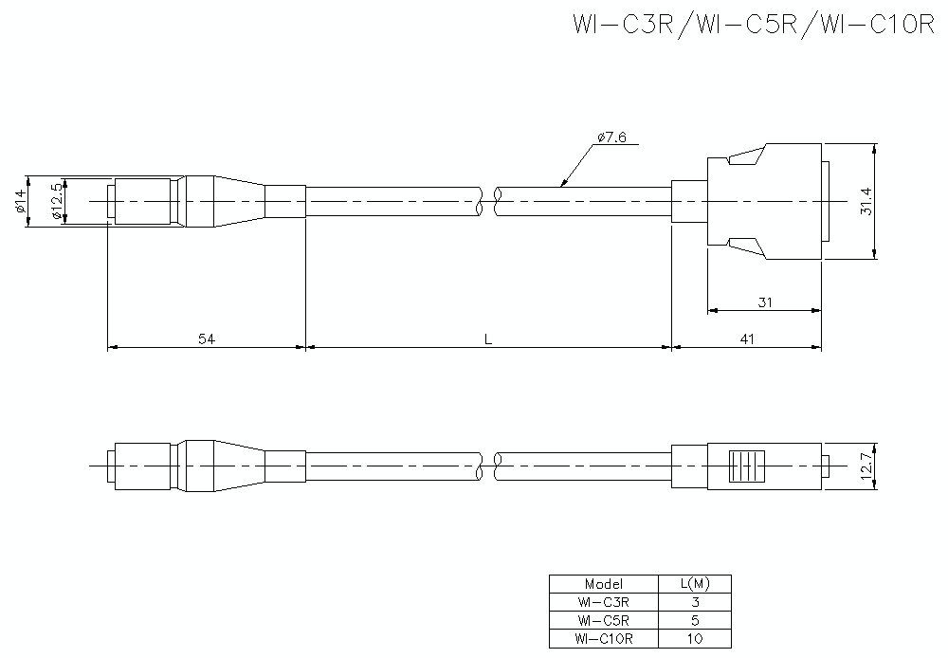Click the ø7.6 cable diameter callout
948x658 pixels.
612,137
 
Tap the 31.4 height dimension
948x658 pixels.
866,201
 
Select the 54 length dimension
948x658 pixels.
205,338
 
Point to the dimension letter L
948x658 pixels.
487,338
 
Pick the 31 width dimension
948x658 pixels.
764,302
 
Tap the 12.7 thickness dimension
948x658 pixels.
866,466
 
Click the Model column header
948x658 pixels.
603,584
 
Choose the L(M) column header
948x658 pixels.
694,584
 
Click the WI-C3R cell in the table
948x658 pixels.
603,602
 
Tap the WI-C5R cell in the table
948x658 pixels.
603,620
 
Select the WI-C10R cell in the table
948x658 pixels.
603,639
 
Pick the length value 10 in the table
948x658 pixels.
694,639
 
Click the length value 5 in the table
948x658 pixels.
694,620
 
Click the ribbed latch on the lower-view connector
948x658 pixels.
745,466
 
